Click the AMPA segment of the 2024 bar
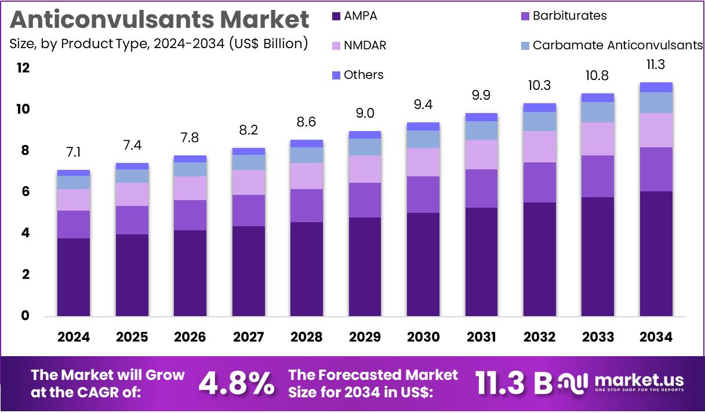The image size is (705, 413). click(73, 277)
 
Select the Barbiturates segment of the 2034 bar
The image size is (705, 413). click(656, 169)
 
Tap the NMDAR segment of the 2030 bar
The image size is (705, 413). click(423, 162)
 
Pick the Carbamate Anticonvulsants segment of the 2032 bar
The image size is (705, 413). click(539, 121)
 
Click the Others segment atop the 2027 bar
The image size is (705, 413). click(248, 151)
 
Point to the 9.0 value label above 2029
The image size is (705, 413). click(365, 113)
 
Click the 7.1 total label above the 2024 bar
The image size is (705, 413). click(73, 153)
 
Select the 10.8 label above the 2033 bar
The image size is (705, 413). click(598, 75)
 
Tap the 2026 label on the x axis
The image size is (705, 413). click(190, 337)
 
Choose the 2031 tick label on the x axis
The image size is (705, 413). click(481, 337)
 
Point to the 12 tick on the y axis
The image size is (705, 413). click(23, 68)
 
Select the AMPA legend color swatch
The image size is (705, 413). click(336, 16)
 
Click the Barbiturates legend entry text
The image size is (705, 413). click(569, 16)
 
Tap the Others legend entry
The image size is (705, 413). click(364, 75)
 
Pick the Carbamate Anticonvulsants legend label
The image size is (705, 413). click(617, 45)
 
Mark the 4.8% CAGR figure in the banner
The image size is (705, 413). click(236, 383)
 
